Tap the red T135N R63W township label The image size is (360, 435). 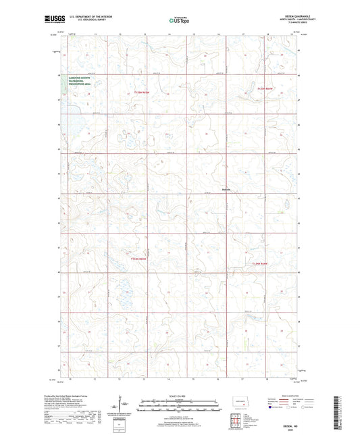[x=267, y=88]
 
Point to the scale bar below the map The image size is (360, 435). [x=178, y=408]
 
